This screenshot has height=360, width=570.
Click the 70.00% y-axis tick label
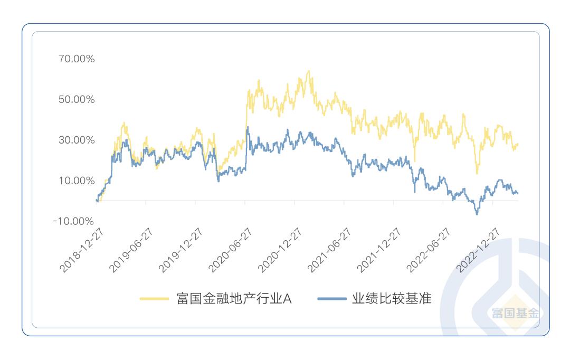tap(77, 59)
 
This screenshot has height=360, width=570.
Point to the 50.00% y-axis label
tap(77, 100)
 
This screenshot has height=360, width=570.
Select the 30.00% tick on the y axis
tap(77, 140)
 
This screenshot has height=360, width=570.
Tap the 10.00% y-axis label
tap(77, 181)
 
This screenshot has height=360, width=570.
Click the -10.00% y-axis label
tap(74, 221)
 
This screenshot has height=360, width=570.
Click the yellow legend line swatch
tap(154, 299)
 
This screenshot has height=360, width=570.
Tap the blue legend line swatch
tap(332, 299)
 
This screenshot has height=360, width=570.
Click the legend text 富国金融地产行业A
tap(234, 299)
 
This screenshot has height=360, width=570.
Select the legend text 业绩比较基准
tap(392, 299)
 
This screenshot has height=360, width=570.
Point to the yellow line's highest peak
tap(309, 71)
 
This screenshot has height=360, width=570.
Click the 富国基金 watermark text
tap(515, 314)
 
